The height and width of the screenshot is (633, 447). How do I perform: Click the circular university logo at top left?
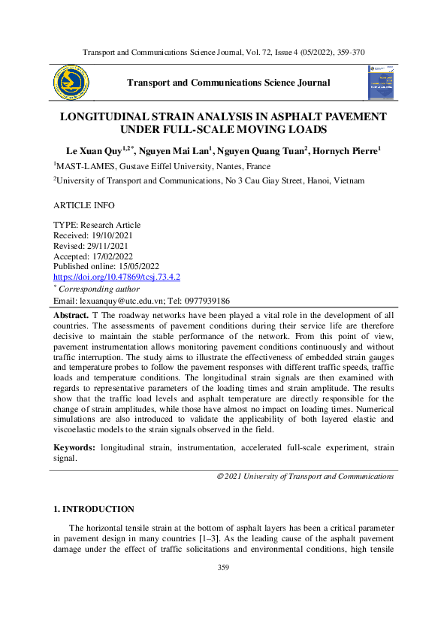point(71,83)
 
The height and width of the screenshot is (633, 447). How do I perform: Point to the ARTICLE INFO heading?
point(86,204)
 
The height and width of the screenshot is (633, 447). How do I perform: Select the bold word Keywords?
point(74,447)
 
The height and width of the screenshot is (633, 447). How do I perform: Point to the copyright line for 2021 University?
point(304,476)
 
